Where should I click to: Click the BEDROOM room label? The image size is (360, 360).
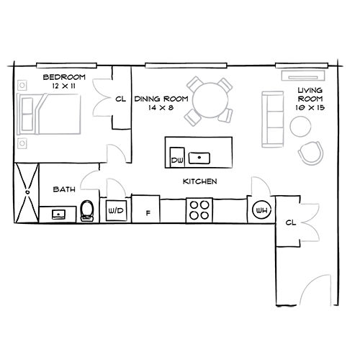pos(64,77)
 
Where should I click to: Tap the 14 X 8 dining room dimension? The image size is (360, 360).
pos(161,107)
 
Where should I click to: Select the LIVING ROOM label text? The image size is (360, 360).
pos(310,94)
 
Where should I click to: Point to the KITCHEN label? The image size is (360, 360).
pos(200,181)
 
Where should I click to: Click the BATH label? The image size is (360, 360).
pos(64,189)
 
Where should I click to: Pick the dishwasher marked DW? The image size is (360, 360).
pos(177,157)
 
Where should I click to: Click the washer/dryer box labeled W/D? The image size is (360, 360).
pos(116,211)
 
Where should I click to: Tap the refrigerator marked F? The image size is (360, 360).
pos(145,209)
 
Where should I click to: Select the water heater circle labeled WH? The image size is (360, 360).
pos(262,210)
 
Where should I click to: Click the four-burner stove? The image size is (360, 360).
pos(199,210)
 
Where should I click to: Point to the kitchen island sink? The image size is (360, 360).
pos(199,158)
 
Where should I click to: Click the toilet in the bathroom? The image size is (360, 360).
pos(87,211)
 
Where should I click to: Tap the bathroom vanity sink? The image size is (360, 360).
pos(58,214)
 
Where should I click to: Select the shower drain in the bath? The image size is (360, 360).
pos(27,192)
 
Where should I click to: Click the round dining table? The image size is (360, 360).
pos(210,100)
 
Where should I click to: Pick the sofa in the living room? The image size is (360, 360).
pos(273,120)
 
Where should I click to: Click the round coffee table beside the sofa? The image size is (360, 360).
pos(300,127)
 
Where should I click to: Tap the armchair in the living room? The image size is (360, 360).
pos(310,153)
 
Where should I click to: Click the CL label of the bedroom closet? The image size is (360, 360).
pos(120,99)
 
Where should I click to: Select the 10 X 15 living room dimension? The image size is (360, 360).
pos(310,107)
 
